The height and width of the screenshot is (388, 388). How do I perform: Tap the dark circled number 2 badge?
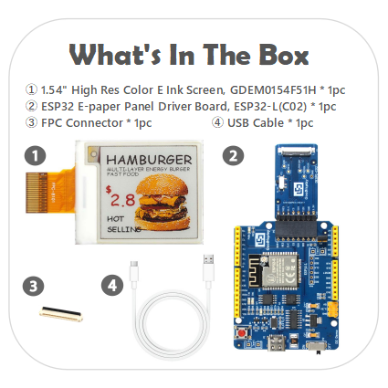point(234,156)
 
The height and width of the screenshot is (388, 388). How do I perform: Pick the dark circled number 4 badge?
point(112,286)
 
